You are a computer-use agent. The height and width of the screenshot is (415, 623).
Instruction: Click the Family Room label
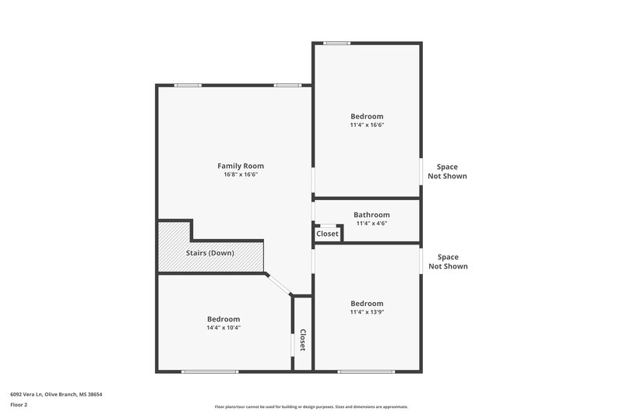[x=240, y=166]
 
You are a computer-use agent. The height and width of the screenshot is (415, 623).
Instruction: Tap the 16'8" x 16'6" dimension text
[x=240, y=175]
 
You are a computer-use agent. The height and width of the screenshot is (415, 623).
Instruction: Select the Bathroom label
[x=371, y=215]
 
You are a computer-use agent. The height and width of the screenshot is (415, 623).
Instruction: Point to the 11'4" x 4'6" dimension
[x=371, y=223]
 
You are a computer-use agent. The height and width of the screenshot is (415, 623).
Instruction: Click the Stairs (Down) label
[x=209, y=253]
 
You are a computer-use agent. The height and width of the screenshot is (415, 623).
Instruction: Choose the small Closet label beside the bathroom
[x=327, y=234]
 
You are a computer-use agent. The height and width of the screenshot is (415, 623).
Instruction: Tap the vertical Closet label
[x=302, y=340]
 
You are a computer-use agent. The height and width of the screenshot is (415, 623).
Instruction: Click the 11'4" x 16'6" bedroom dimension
[x=367, y=125]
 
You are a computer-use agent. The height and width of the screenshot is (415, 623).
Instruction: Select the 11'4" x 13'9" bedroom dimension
[x=367, y=312]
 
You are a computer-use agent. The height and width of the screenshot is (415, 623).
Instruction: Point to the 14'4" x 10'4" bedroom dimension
[x=224, y=328]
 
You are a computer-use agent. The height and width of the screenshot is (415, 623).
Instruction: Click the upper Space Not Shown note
[x=447, y=171]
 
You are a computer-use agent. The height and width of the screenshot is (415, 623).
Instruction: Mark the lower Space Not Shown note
[x=447, y=262]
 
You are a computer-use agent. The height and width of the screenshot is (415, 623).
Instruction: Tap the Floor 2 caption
[x=19, y=406]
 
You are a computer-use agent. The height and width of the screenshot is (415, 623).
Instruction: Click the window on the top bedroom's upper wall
[x=337, y=43]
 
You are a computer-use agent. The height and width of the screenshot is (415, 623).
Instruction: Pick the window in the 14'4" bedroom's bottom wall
[x=209, y=371]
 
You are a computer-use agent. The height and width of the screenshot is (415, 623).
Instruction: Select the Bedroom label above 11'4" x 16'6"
[x=367, y=116]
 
